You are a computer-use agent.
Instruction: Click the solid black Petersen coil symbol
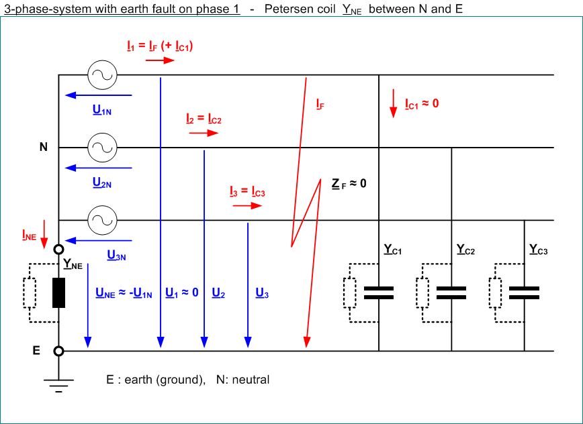click(59, 293)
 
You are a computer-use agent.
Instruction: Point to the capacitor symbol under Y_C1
click(379, 293)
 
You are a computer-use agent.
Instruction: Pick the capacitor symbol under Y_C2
click(451, 293)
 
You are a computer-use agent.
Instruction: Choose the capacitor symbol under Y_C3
click(524, 293)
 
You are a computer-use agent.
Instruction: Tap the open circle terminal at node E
click(59, 351)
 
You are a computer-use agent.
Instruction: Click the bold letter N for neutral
click(44, 147)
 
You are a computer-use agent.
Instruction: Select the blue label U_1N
click(102, 110)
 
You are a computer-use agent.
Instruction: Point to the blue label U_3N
click(116, 255)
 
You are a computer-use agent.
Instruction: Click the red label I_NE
click(29, 235)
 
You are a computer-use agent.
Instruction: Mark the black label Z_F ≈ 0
click(349, 182)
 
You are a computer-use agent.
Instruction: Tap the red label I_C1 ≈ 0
click(422, 104)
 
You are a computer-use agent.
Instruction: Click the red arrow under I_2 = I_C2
click(204, 134)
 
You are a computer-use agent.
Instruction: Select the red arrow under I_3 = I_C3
click(246, 206)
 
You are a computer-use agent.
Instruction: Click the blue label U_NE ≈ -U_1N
click(124, 293)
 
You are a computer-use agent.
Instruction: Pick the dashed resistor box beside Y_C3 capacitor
click(495, 294)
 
